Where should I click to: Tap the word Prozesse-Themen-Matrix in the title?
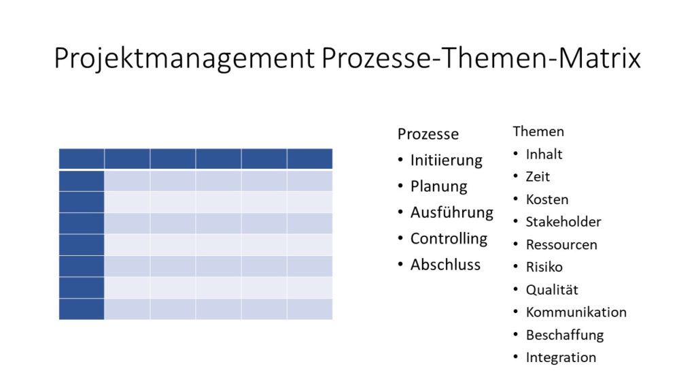[481, 58]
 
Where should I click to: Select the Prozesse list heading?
[428, 134]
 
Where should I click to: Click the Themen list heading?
[538, 131]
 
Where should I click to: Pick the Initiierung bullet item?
[446, 160]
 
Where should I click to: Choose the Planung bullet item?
[438, 186]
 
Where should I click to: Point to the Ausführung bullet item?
[452, 212]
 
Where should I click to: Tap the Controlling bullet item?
[449, 239]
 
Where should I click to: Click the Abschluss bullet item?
[445, 265]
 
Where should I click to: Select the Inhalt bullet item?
[544, 154]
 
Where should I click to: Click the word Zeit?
[538, 177]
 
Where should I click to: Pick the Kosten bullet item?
[547, 199]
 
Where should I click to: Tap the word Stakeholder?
[563, 222]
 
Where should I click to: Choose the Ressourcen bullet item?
[561, 245]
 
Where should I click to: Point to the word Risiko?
[544, 267]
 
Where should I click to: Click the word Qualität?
[552, 290]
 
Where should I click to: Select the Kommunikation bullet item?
[576, 312]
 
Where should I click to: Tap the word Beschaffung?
[565, 335]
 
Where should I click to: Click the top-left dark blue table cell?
[82, 159]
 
